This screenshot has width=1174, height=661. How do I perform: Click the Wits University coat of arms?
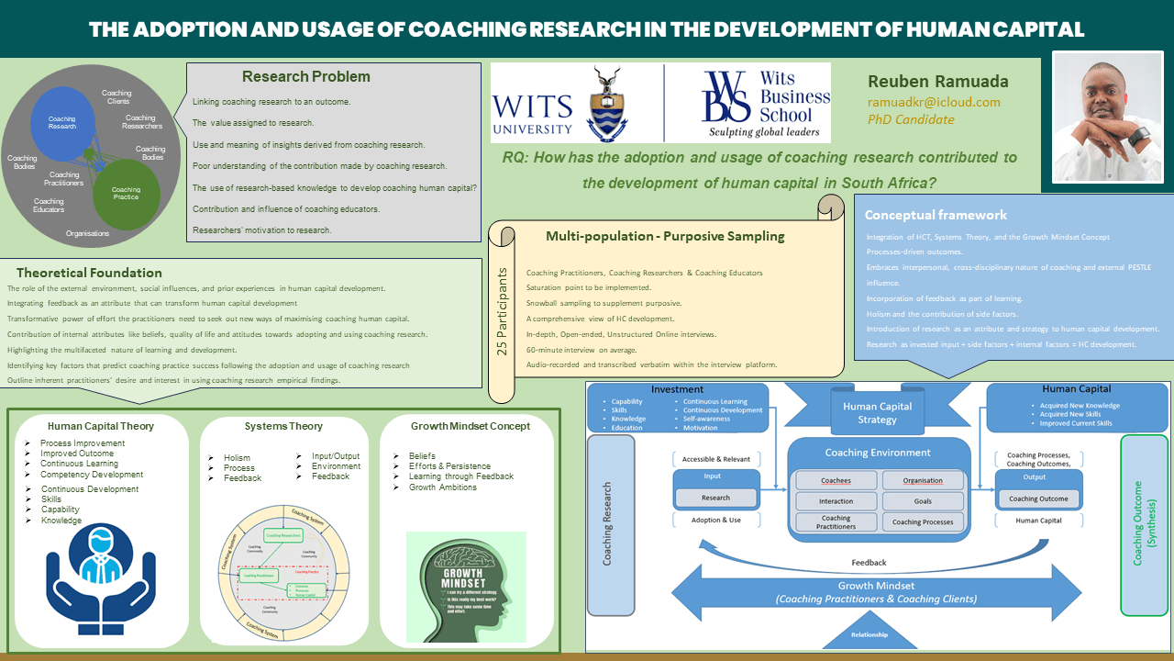pyautogui.click(x=607, y=102)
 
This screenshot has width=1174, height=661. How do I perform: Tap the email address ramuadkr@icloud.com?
pyautogui.click(x=934, y=102)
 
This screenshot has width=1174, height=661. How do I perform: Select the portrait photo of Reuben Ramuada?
pyautogui.click(x=1107, y=116)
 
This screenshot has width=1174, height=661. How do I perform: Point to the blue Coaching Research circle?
pyautogui.click(x=62, y=122)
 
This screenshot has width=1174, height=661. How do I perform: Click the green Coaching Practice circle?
pyautogui.click(x=127, y=193)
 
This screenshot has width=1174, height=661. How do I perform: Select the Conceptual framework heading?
pyautogui.click(x=936, y=215)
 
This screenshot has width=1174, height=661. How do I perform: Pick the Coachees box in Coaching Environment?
pyautogui.click(x=836, y=480)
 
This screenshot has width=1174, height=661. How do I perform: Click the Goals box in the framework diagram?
pyautogui.click(x=923, y=501)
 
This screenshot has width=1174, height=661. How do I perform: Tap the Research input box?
pyautogui.click(x=715, y=498)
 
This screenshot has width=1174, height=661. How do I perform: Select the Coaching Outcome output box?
pyautogui.click(x=1038, y=499)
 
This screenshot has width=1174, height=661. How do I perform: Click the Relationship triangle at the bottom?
pyautogui.click(x=869, y=633)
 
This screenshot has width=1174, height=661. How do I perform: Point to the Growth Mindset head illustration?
pyautogui.click(x=466, y=588)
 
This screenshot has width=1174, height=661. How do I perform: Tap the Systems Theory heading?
pyautogui.click(x=283, y=426)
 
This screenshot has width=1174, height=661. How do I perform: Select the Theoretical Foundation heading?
pyautogui.click(x=89, y=273)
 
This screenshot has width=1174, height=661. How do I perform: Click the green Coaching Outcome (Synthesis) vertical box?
pyautogui.click(x=1144, y=523)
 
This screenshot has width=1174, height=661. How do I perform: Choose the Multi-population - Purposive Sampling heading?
pyautogui.click(x=665, y=236)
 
